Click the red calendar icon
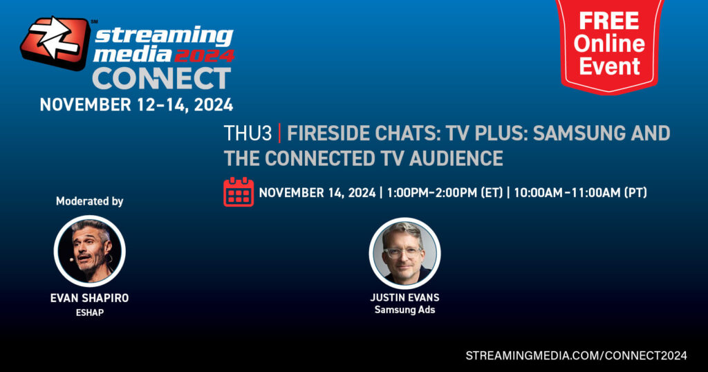239,192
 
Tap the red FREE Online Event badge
609,45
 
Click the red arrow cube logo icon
55,42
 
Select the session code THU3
248,133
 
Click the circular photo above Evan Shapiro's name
89,251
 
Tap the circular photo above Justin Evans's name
404,253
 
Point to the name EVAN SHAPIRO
89,298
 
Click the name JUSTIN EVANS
404,297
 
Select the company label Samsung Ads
404,310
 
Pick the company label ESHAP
89,312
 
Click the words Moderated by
89,201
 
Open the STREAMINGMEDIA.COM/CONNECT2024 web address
576,355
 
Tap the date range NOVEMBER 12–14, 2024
136,104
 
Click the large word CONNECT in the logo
162,79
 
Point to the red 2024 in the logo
205,55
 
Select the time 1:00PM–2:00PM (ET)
445,193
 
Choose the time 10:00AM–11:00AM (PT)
580,193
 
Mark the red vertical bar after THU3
280,133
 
